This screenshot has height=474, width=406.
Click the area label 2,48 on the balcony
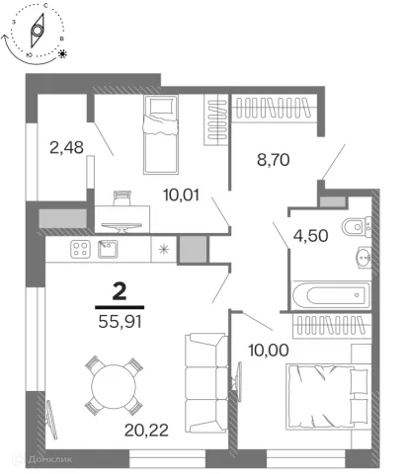pos(66,147)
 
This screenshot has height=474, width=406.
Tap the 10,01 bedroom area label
pos(181,196)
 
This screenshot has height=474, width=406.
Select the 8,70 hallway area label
pos(274,160)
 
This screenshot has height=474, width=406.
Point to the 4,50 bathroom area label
pos(310,236)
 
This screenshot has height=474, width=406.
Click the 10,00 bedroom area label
pos(269,351)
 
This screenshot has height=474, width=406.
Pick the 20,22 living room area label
pos(146,430)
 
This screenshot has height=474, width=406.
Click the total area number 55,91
pos(120,322)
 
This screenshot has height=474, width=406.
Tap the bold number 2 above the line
pos(120,292)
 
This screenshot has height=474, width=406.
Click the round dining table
pos(114,386)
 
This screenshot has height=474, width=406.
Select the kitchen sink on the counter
pos(108,249)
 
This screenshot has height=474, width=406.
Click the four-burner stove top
pos(80,249)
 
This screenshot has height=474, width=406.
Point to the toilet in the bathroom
pos(357,226)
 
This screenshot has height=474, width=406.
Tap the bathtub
pos(332,295)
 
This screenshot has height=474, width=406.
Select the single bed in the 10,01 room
pos(161,134)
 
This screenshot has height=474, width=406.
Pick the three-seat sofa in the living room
pos(206,383)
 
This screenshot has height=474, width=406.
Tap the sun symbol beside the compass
pos(62,53)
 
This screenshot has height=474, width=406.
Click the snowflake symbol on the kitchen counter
pos(164,250)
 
